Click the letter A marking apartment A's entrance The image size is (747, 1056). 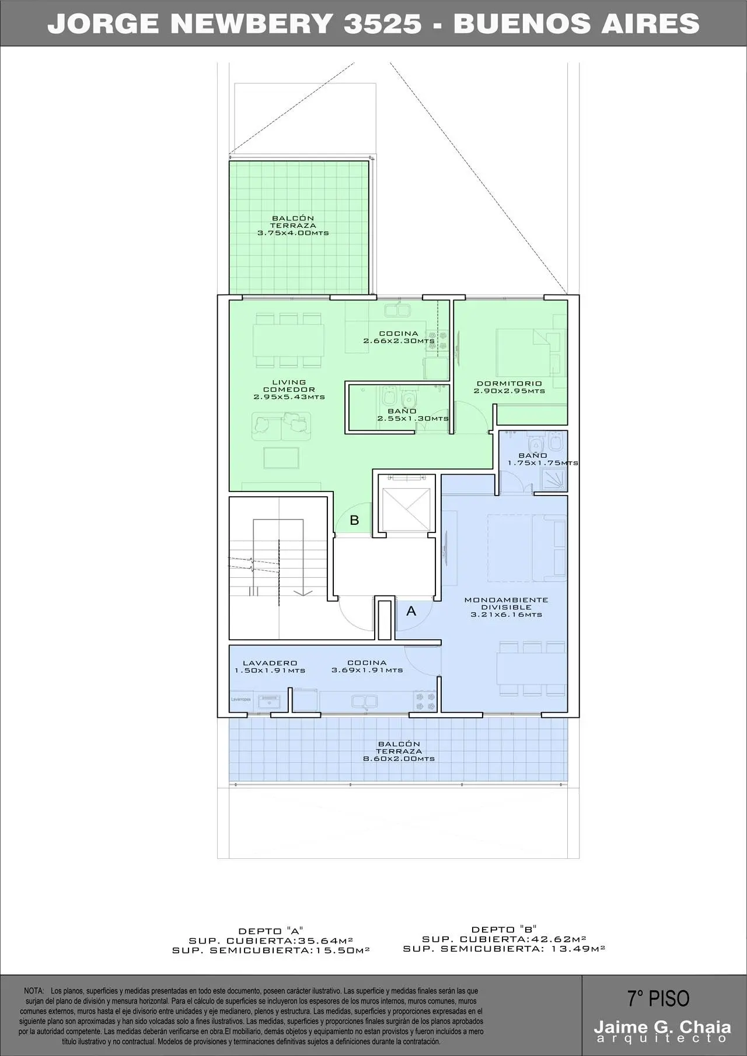click(411, 611)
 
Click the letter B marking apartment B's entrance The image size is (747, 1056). click(354, 520)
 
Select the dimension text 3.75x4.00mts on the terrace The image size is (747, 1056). click(293, 233)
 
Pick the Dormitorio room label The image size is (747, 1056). click(509, 384)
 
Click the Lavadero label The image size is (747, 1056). click(270, 663)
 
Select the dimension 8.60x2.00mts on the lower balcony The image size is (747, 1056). click(399, 759)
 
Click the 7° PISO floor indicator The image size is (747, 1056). click(658, 999)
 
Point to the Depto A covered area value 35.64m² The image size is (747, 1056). click(323, 940)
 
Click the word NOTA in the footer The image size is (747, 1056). click(34, 991)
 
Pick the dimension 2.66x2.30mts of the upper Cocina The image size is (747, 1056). click(399, 341)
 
